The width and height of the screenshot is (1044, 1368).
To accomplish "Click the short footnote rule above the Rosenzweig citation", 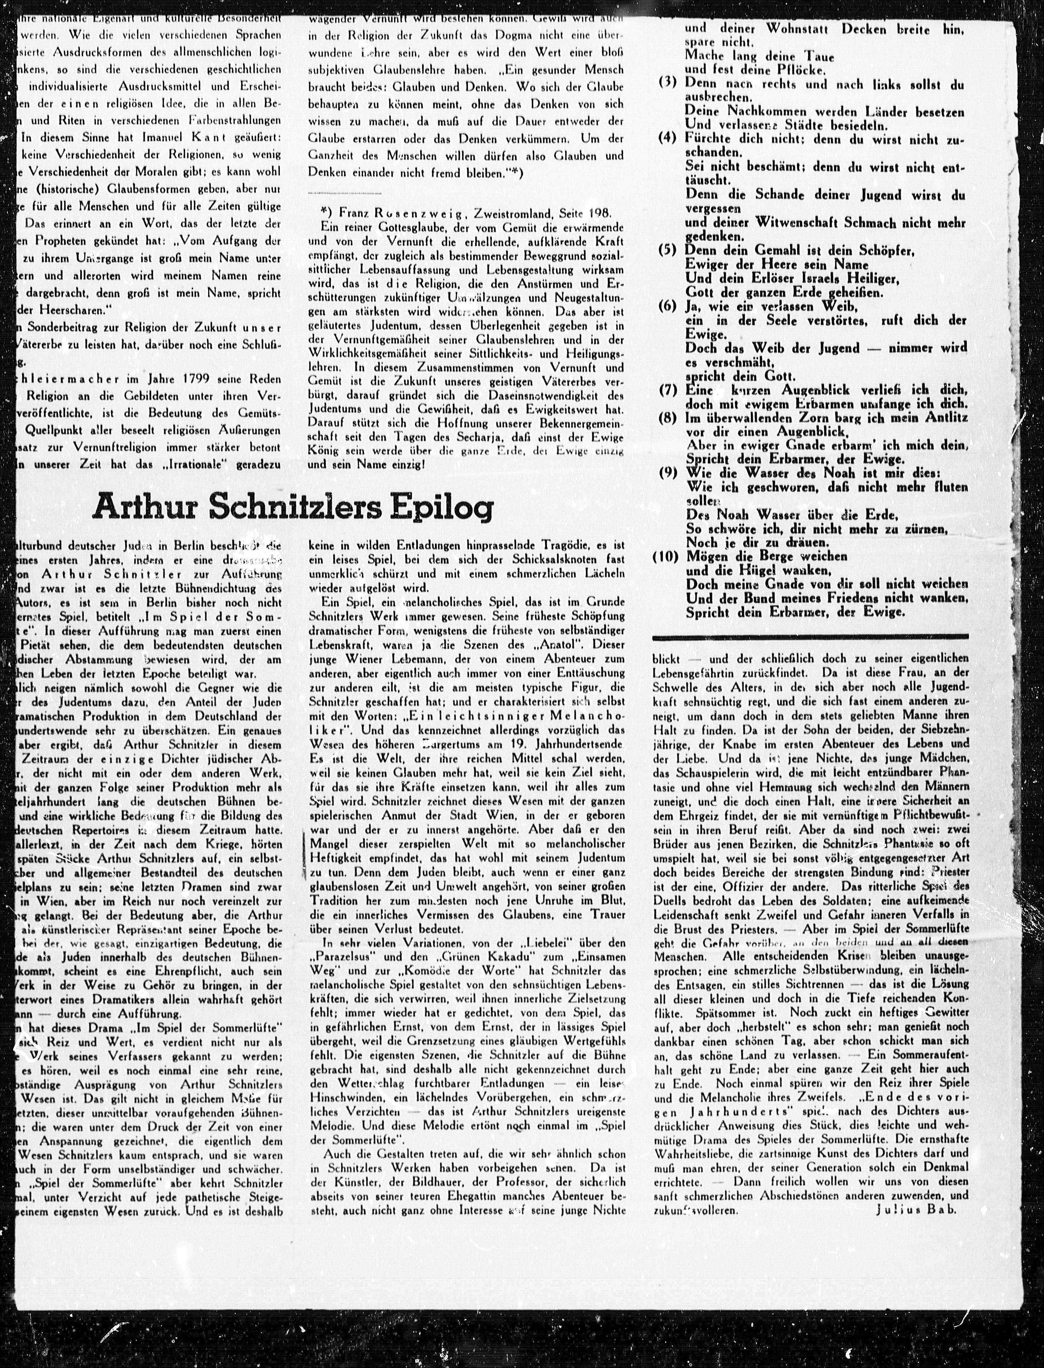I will (345, 194).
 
